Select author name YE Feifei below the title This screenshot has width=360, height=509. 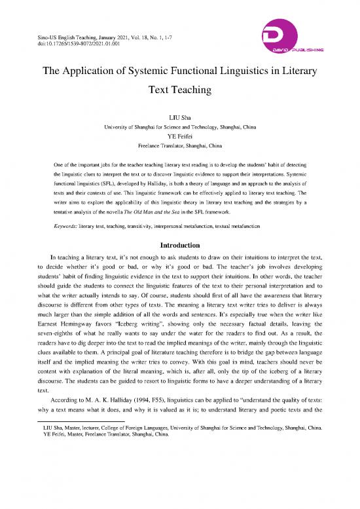click(x=180, y=136)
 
